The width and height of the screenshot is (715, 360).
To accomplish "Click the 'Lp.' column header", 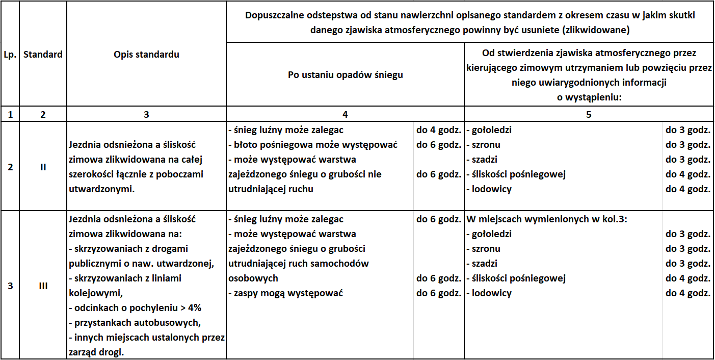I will [10, 54].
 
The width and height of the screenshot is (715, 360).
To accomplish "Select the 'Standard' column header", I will [43, 54].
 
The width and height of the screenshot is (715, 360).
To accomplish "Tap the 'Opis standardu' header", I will [146, 54].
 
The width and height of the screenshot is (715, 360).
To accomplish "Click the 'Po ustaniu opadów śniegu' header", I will [345, 75].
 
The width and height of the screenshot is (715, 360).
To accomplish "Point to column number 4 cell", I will [345, 115].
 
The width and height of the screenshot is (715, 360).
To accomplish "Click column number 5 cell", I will [589, 115].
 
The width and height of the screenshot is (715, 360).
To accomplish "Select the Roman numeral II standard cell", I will [43, 167].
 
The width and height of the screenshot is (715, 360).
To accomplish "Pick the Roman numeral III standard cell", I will [43, 286].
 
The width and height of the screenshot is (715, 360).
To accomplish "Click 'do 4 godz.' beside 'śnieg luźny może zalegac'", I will [438, 130].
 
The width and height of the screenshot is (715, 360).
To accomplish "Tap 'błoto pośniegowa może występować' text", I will [312, 145].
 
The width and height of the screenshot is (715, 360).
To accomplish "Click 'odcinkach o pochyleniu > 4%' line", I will [135, 308].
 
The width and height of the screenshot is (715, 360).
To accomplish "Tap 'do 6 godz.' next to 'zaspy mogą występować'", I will [438, 293].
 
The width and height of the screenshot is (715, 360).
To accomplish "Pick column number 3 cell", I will [146, 115].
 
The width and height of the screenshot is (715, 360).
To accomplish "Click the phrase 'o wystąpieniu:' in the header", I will [589, 97].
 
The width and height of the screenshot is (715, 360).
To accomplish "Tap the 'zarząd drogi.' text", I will [96, 352].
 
